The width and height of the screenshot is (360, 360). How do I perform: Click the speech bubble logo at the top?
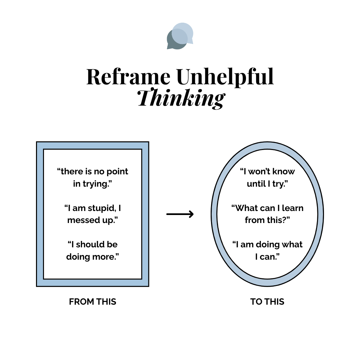point(180,36)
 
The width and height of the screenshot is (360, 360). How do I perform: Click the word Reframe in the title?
point(128,77)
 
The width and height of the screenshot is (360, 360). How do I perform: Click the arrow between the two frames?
point(180,214)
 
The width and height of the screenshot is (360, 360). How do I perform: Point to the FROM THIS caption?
point(93,302)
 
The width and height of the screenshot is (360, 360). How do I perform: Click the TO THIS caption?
point(267,302)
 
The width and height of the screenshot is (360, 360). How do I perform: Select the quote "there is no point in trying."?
point(92,178)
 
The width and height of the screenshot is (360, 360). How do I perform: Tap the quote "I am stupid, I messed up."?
point(92,214)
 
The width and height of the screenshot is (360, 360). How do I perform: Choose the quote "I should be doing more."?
point(92,250)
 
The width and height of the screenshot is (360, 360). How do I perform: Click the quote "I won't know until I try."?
point(267,178)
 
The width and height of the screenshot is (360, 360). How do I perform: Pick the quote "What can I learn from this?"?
point(267,214)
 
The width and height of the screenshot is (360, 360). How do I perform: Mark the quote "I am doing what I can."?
point(267,250)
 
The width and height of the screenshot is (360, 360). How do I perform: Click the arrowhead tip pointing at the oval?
point(193,214)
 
